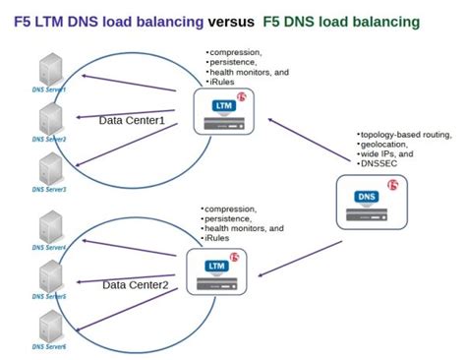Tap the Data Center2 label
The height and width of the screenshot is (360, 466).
[x=138, y=284]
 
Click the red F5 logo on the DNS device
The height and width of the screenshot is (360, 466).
[x=392, y=188]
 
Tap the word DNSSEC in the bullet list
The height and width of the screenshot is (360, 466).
[x=379, y=163]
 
